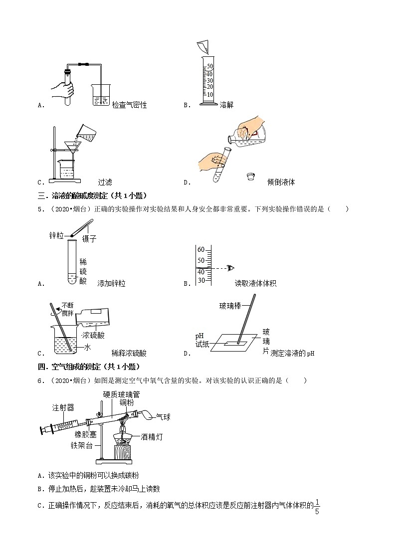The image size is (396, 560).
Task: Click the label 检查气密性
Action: [x=130, y=105]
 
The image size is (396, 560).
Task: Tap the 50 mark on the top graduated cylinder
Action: [x=210, y=66]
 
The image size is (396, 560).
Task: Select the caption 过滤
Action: [x=105, y=182]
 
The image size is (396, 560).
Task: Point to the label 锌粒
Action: [x=56, y=235]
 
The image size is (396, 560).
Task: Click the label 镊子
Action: [x=89, y=239]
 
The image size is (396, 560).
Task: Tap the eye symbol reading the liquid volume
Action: [x=230, y=268]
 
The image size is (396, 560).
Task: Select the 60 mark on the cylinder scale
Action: [x=201, y=250]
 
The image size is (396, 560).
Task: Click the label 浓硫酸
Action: [x=94, y=335]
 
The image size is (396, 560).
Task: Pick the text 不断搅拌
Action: [x=68, y=309]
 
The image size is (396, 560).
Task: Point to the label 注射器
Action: [x=63, y=407]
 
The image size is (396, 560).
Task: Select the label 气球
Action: [x=163, y=417]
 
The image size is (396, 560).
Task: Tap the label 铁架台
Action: [x=81, y=445]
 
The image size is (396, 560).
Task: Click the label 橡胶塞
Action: [x=86, y=434]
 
